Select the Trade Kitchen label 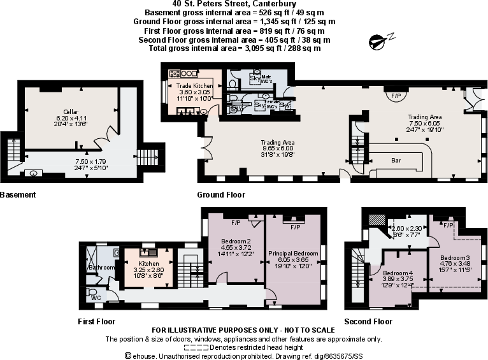tap(194, 85)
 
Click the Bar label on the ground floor tap(396, 161)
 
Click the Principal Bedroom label tap(294, 253)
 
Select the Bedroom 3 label tap(454, 257)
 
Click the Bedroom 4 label tap(398, 272)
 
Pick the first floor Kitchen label tap(148, 263)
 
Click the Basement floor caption tap(17, 195)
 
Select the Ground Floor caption tap(221, 195)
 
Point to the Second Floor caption tap(368, 322)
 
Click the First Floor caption tap(96, 322)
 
